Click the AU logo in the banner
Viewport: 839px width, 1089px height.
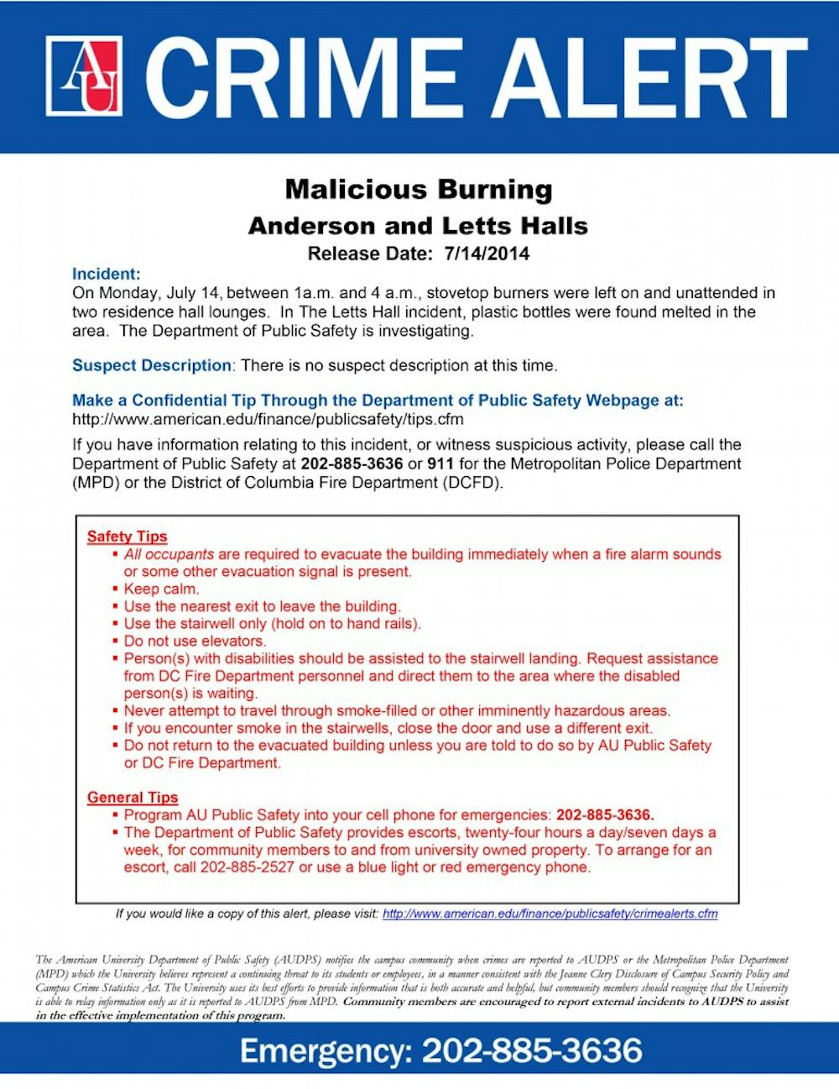84,76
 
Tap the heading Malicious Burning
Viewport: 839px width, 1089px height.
419,189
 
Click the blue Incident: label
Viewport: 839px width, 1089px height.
106,275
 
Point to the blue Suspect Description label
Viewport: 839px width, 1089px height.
151,365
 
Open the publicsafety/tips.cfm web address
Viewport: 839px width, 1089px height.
268,419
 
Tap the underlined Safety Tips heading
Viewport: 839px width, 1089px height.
127,537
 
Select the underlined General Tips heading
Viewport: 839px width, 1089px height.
133,798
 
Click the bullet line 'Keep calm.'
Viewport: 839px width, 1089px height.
161,589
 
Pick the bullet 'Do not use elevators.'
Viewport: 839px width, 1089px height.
195,641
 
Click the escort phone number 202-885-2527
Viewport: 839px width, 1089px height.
247,867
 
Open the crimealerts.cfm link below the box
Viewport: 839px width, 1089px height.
550,914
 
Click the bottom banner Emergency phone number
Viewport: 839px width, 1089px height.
532,1050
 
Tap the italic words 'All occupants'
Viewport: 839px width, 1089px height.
169,554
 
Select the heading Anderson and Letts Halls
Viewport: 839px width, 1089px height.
418,226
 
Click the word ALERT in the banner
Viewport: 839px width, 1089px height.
645,77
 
